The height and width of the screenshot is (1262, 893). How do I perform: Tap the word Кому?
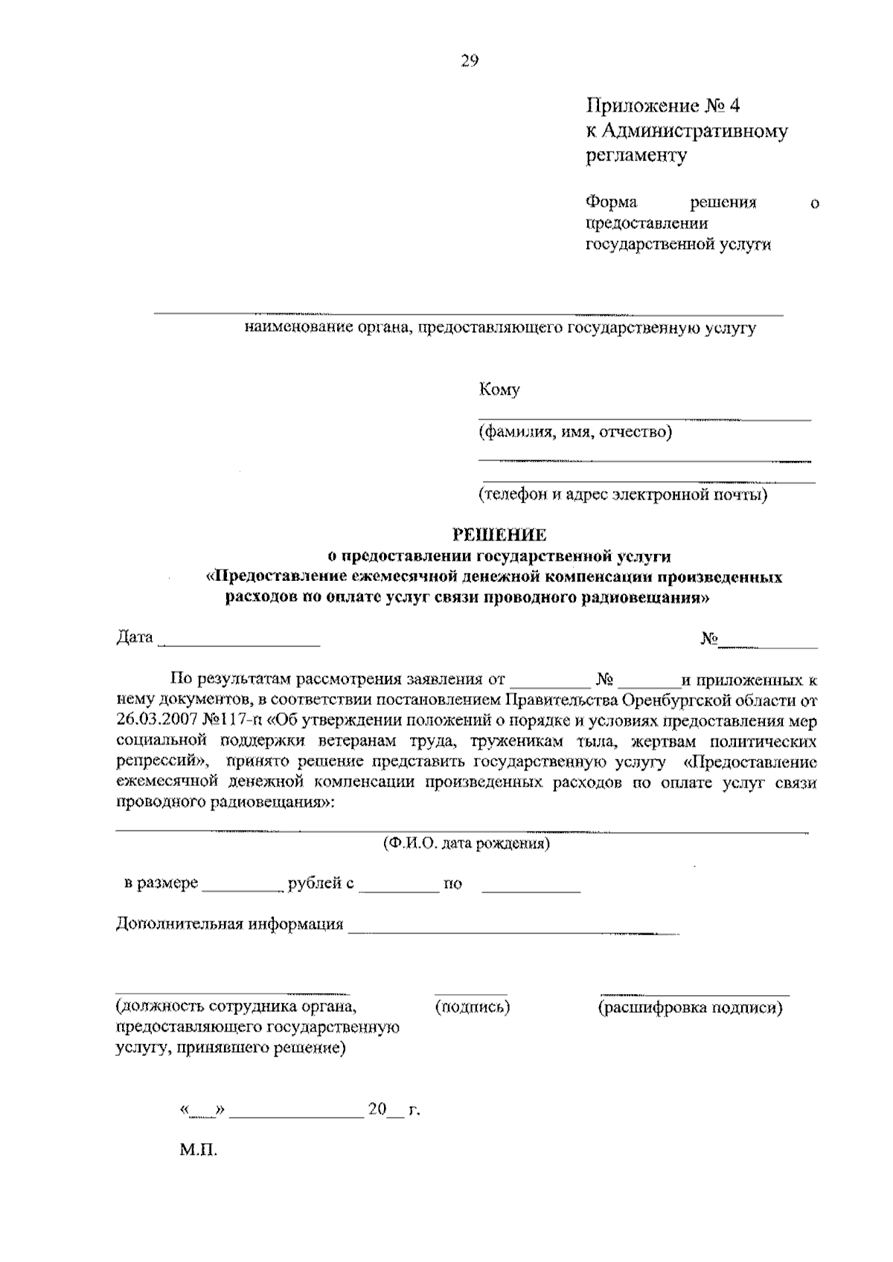point(499,389)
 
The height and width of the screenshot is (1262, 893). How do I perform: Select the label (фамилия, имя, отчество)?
point(575,431)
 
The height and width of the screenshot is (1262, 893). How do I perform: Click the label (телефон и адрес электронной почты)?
point(623,494)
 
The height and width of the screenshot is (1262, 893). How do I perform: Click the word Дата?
point(135,637)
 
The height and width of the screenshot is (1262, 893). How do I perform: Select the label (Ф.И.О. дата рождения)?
point(466,843)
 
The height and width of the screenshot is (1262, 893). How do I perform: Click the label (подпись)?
point(472,1007)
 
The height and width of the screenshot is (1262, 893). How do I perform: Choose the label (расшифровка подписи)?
point(691,1008)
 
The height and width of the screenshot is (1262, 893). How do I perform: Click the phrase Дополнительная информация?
point(229,924)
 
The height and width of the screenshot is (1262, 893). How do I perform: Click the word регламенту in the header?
point(636,155)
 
